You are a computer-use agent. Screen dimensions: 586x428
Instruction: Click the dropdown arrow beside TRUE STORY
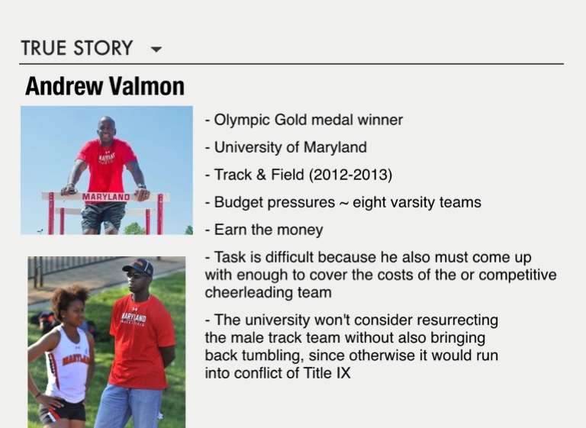[x=156, y=49]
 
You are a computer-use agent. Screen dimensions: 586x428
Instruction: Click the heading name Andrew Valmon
[x=105, y=86]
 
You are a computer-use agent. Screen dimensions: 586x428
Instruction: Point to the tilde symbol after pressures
[x=343, y=204]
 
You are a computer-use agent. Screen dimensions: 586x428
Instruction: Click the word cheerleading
[x=249, y=292]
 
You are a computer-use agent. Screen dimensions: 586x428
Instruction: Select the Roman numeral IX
[x=343, y=373]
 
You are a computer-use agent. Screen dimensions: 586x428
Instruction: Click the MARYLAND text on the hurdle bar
[x=106, y=197]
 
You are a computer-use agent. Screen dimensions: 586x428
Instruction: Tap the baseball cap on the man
[x=138, y=266]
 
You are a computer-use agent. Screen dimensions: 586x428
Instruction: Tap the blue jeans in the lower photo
[x=128, y=407]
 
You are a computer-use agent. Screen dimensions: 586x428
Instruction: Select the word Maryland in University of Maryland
[x=335, y=148]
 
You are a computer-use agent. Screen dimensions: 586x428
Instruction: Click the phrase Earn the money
[x=269, y=230]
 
